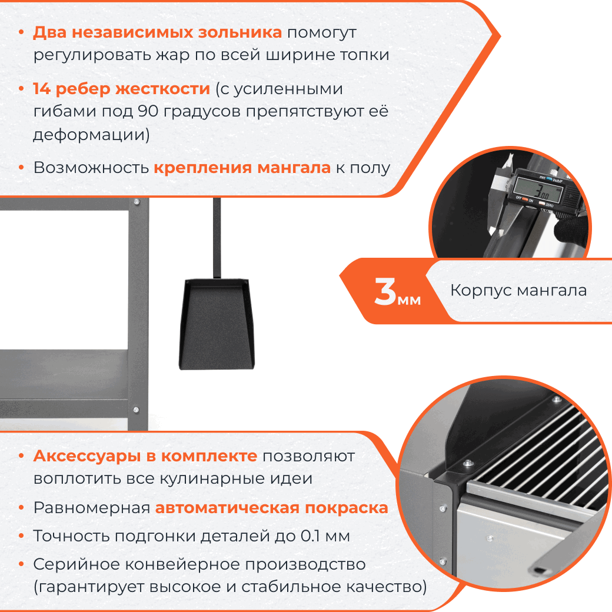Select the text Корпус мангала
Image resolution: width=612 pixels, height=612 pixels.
coord(518,290)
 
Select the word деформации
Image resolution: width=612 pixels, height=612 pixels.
coord(89,135)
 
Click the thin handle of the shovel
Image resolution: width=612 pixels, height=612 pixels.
coord(217,235)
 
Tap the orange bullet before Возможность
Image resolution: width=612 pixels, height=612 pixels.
coord(21,168)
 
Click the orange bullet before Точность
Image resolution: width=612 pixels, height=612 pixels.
coord(21,536)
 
